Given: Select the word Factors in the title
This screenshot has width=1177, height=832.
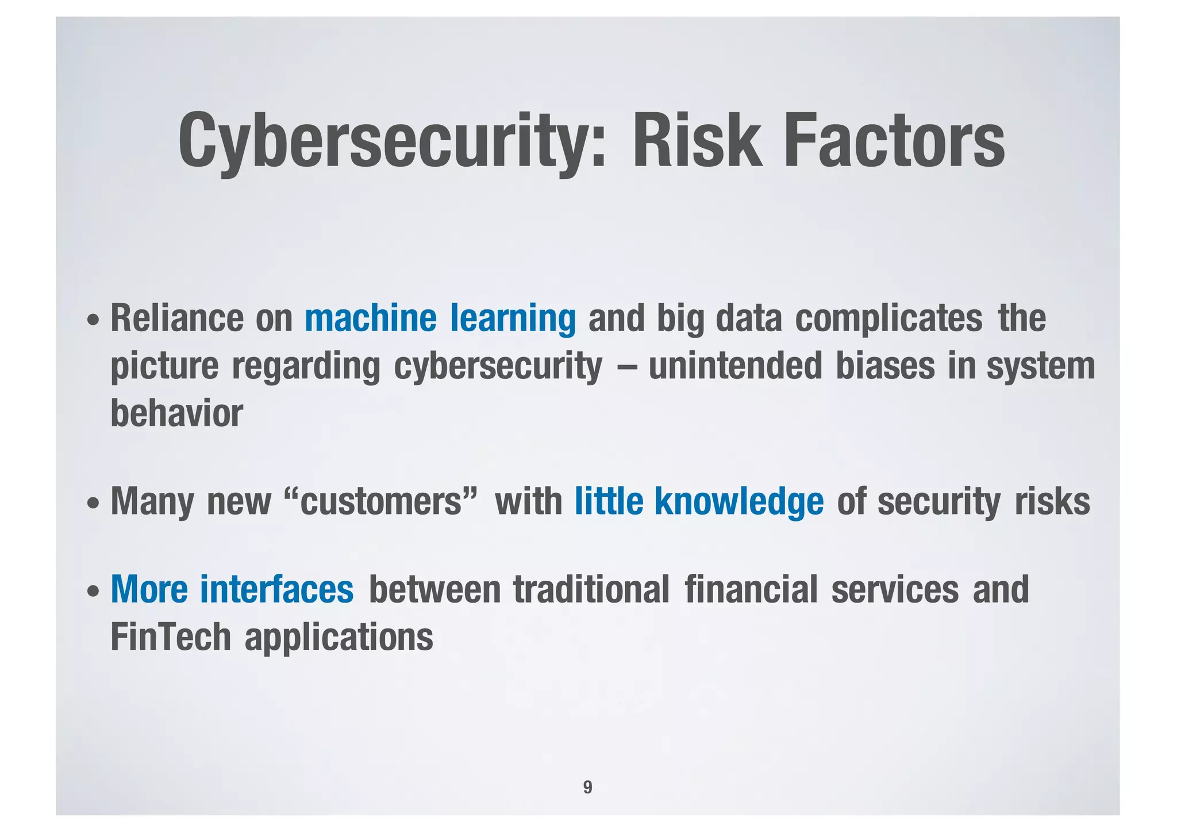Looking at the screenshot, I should click(894, 141).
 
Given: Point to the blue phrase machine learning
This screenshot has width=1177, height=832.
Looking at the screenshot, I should click(440, 319).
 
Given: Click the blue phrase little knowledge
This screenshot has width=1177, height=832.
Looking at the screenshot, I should click(699, 501).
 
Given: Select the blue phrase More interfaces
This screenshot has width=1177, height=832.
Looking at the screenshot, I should click(232, 589).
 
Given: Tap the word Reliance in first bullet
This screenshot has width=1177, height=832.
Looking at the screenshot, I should click(176, 319).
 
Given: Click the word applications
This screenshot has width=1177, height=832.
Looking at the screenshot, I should click(339, 638).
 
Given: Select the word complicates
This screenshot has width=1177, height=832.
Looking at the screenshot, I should click(888, 319).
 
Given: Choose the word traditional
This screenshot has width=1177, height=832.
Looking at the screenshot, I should click(591, 589).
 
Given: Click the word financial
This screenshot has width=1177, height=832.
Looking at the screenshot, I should click(751, 589).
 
